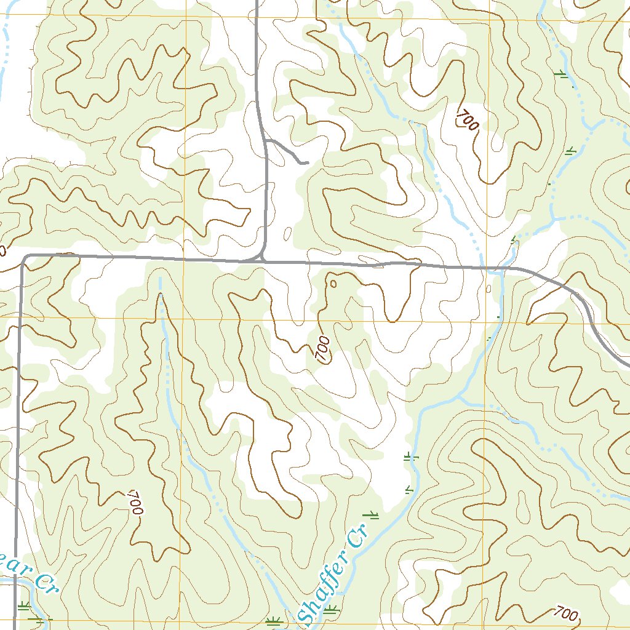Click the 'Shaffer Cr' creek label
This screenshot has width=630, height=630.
[x=332, y=573]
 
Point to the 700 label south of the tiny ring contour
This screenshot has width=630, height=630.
[x=322, y=349]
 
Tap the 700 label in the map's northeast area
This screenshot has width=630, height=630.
[x=468, y=119]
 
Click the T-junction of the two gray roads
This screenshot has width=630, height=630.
[x=263, y=260]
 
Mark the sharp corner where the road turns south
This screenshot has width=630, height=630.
[x=23, y=257]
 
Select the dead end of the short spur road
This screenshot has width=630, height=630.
[x=306, y=163]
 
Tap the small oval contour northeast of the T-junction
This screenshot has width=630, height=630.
[x=288, y=233]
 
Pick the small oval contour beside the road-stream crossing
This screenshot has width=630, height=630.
[x=488, y=289]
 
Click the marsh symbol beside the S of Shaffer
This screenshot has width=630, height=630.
[x=332, y=610]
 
